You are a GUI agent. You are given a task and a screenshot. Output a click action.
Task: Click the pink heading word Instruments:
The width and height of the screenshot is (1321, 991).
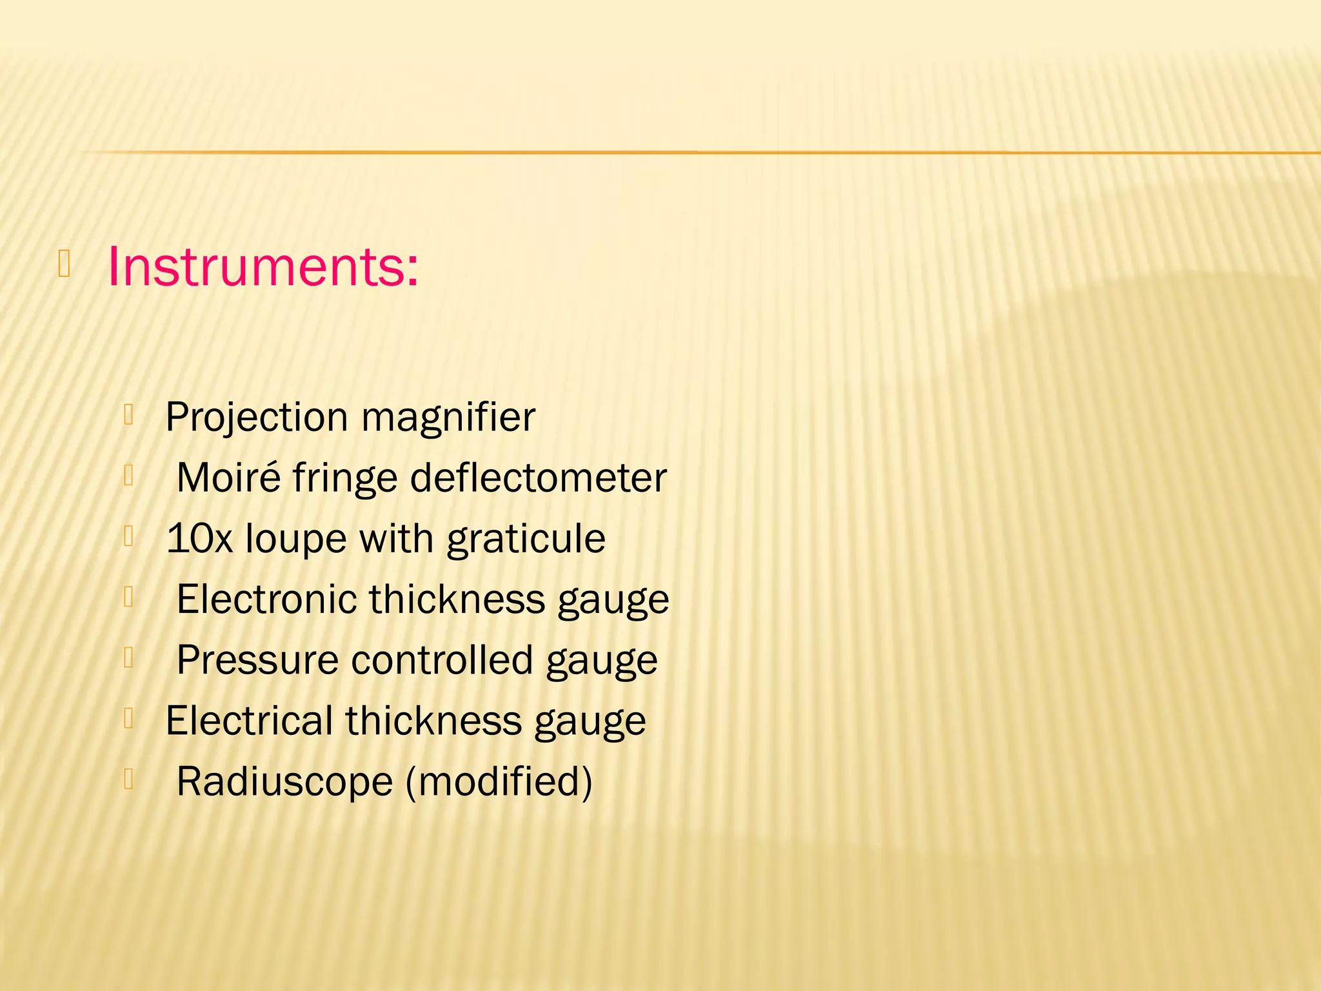[x=263, y=266]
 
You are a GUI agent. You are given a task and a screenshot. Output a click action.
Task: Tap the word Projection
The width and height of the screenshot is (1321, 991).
[x=257, y=417]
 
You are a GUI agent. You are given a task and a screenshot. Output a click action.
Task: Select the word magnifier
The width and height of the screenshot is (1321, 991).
[x=448, y=417]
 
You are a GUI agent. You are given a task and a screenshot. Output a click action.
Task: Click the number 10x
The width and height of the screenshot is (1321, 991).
[x=199, y=539]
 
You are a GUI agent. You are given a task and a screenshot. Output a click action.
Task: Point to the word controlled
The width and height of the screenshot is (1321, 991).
[x=442, y=660]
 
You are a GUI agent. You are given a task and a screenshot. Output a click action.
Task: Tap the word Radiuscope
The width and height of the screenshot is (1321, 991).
[x=284, y=781]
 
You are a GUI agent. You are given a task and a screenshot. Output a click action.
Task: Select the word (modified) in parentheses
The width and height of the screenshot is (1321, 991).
[x=499, y=781]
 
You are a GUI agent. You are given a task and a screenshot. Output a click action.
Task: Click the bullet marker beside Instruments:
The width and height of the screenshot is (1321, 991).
[x=64, y=264]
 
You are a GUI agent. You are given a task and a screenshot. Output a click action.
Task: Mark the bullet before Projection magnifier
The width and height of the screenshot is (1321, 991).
[x=128, y=415]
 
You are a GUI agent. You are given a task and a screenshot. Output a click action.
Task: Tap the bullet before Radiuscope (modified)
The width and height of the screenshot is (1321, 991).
[x=128, y=779]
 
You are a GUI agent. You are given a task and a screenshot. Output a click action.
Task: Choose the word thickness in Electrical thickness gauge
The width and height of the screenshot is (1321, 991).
[x=433, y=721]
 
